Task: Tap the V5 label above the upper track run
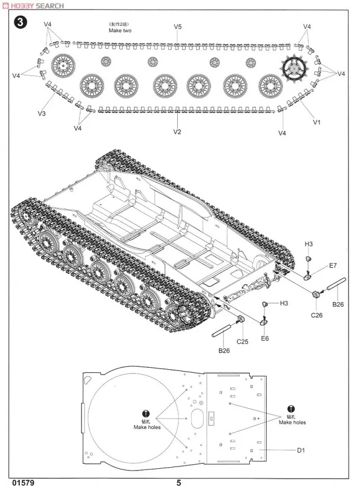(x=178, y=26)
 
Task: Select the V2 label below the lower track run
(x=177, y=132)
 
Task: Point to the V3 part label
(x=42, y=114)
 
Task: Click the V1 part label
(x=316, y=122)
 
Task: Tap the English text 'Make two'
(x=121, y=31)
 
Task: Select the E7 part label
(x=332, y=265)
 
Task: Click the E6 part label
(x=265, y=339)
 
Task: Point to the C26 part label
(x=317, y=315)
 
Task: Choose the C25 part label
(x=242, y=341)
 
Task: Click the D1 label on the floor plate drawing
(x=301, y=450)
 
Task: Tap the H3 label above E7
(x=308, y=243)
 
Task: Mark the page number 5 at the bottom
(x=178, y=483)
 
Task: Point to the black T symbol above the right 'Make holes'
(x=290, y=409)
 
